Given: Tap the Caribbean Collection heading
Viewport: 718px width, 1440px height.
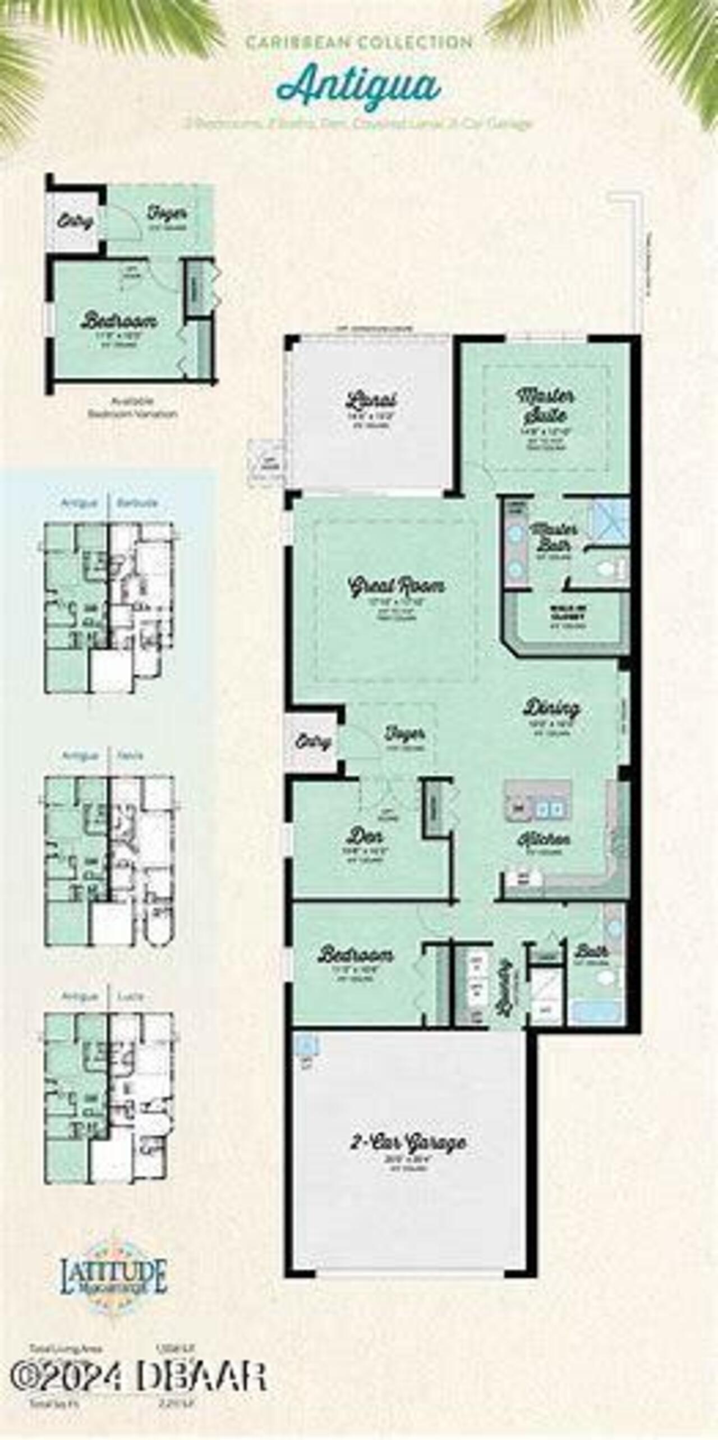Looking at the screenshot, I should click(359, 43).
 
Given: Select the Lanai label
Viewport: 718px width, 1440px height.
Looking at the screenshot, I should click(371, 400).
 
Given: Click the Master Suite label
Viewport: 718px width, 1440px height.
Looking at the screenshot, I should click(545, 405).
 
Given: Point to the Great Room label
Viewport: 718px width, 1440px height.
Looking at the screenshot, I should click(397, 586).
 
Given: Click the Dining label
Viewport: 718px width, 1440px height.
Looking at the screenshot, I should click(551, 707).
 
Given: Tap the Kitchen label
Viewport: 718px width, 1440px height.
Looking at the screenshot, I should click(543, 839).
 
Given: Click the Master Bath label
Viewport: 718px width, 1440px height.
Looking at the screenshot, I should click(553, 537).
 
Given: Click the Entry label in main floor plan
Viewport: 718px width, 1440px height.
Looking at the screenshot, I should click(312, 742).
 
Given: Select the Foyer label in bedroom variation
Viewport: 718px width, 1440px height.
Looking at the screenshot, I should click(167, 213).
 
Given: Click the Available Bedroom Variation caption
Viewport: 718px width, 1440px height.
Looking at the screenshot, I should click(132, 408).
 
